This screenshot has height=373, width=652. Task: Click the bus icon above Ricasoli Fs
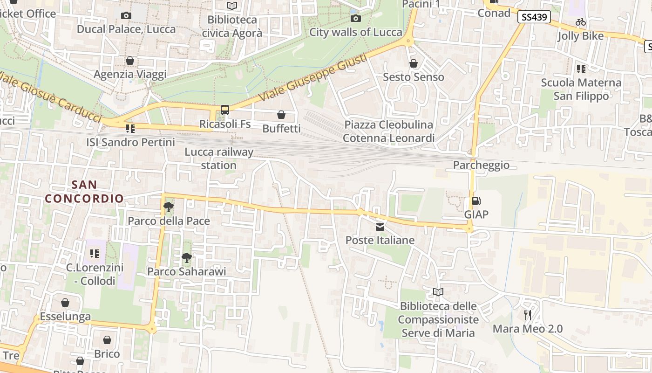[x=225, y=110]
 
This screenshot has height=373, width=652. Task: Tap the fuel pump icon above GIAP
[x=476, y=201]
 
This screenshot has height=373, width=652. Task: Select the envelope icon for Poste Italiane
[x=380, y=227]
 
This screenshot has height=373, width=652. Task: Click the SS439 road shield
[x=534, y=17]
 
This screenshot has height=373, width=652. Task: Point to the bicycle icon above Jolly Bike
[x=580, y=22]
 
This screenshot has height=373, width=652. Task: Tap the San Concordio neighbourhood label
[x=84, y=192]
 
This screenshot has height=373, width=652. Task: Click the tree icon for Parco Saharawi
[x=186, y=257]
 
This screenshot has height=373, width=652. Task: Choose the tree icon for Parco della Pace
[x=169, y=207]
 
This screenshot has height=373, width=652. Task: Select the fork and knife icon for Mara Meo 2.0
[x=528, y=315]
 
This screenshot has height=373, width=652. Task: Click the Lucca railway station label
[x=219, y=159]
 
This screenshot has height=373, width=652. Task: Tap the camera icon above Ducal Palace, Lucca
[x=126, y=15]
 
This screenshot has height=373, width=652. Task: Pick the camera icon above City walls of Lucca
[x=355, y=18]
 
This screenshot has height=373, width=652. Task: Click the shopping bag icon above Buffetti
[x=281, y=115]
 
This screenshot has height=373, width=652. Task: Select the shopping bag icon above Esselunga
[x=65, y=303]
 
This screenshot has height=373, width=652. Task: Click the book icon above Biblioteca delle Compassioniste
[x=438, y=292]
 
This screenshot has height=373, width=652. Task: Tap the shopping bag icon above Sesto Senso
[x=413, y=63]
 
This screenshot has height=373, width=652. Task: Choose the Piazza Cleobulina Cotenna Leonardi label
[x=388, y=131]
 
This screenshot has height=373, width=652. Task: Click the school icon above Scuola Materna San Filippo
[x=581, y=69]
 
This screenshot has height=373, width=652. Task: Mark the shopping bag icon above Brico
[x=107, y=340]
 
